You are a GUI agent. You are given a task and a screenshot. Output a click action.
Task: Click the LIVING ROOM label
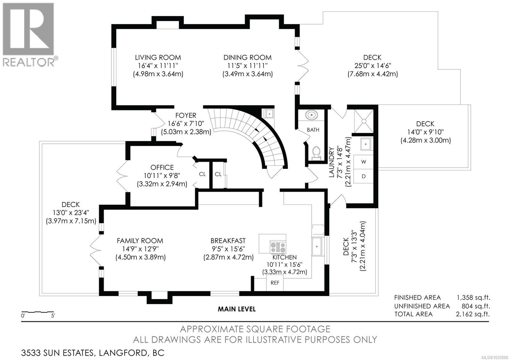[x=158, y=57]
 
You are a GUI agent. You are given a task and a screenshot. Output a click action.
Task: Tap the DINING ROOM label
[x=247, y=57]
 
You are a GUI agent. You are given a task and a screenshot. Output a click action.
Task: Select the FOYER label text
[x=186, y=115]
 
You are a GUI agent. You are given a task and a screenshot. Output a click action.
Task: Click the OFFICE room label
[x=162, y=168]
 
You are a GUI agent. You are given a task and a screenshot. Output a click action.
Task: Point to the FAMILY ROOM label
[x=140, y=241]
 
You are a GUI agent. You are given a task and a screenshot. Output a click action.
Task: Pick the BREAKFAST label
[x=228, y=241]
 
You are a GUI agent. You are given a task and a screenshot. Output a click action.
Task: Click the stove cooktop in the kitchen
[x=278, y=247]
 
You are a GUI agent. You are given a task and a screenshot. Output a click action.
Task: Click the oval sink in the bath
[x=311, y=115]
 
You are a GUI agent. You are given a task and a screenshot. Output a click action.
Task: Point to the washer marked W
[x=363, y=162]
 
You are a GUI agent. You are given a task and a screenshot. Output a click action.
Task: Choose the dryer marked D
[x=363, y=176]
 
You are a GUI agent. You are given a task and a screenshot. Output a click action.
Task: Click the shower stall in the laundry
[x=364, y=121]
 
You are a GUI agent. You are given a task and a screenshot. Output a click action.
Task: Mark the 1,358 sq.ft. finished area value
[x=473, y=298]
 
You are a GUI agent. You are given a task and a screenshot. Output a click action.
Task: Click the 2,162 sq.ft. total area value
[x=473, y=314]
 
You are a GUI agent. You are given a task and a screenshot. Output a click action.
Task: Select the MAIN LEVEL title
[x=237, y=309]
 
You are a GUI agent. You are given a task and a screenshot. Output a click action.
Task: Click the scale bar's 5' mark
[x=53, y=316]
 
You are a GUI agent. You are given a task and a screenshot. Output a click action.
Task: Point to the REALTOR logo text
[x=29, y=62]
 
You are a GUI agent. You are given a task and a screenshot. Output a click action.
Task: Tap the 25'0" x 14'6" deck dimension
[x=373, y=66]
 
